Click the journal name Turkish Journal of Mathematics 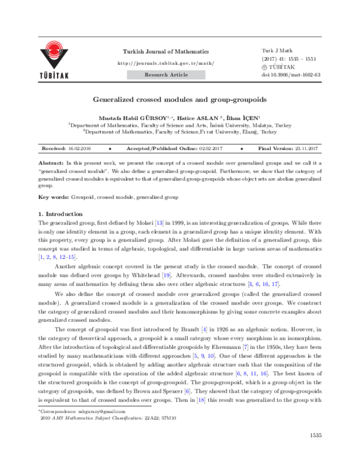point(166,52)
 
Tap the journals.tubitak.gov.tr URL point(166,63)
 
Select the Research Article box point(166,75)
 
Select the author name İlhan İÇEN point(244,118)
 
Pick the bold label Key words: point(55,197)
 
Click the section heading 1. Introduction point(60,214)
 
